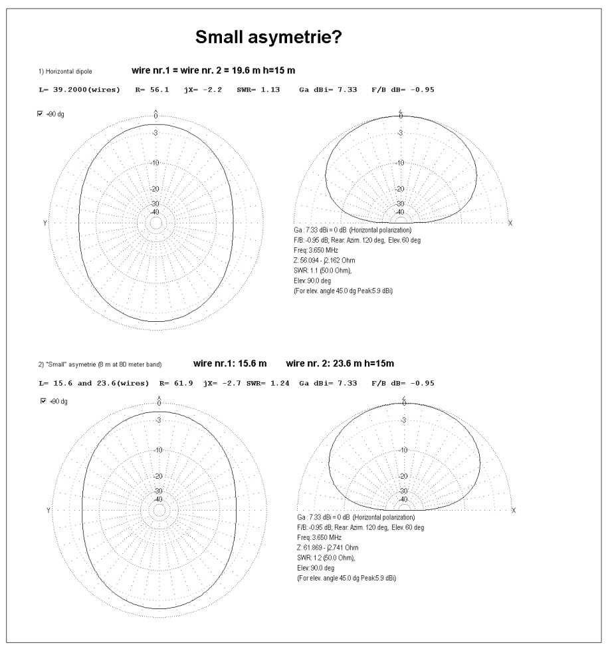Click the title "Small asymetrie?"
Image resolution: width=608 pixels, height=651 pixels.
(268, 38)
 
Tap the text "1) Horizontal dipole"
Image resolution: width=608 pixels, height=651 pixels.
(65, 70)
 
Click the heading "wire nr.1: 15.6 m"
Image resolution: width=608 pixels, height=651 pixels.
(230, 364)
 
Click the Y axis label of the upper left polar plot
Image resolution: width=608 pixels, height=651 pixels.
(45, 223)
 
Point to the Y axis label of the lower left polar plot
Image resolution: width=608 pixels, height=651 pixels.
(49, 510)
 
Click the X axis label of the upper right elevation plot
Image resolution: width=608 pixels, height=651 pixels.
(510, 223)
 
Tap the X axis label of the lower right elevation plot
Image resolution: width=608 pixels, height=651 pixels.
(514, 510)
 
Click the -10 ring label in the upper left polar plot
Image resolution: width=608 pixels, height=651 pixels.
(156, 163)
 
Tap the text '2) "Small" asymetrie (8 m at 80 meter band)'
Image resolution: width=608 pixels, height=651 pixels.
(100, 364)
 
